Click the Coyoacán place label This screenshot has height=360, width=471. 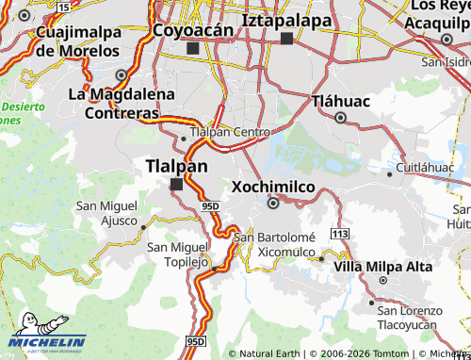[192, 31]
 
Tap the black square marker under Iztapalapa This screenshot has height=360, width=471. [286, 39]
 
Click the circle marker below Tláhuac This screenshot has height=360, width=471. [340, 118]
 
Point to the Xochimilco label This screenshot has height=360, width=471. [272, 187]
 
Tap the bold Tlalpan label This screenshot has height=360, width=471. [176, 166]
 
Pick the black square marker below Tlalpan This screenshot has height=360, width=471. [175, 185]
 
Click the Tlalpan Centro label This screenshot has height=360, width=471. [230, 133]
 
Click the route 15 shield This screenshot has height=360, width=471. [63, 7]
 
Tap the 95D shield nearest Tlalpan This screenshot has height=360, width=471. [209, 205]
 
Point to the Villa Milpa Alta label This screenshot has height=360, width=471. [383, 267]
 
